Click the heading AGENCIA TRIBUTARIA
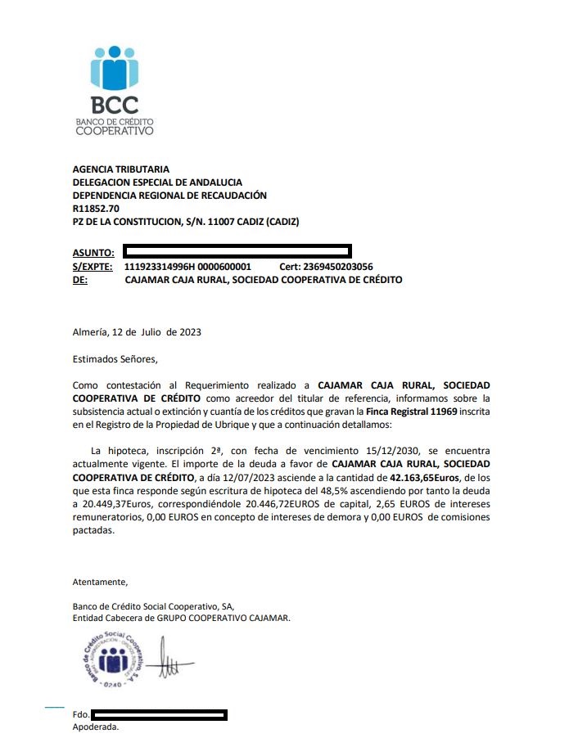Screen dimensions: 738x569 pos(121,169)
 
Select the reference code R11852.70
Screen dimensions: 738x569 pos(96,209)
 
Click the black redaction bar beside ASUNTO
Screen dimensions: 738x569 pos(237,250)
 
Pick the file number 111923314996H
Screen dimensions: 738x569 pos(159,267)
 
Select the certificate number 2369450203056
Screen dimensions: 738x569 pos(338,267)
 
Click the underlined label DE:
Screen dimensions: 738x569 pos(80,280)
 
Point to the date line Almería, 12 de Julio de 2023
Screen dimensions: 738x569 pos(137,332)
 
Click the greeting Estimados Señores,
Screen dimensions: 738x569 pos(115,358)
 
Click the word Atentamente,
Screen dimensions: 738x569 pos(101,582)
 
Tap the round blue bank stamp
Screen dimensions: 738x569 pos(114,659)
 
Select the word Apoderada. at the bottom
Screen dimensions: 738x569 pos(96,727)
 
